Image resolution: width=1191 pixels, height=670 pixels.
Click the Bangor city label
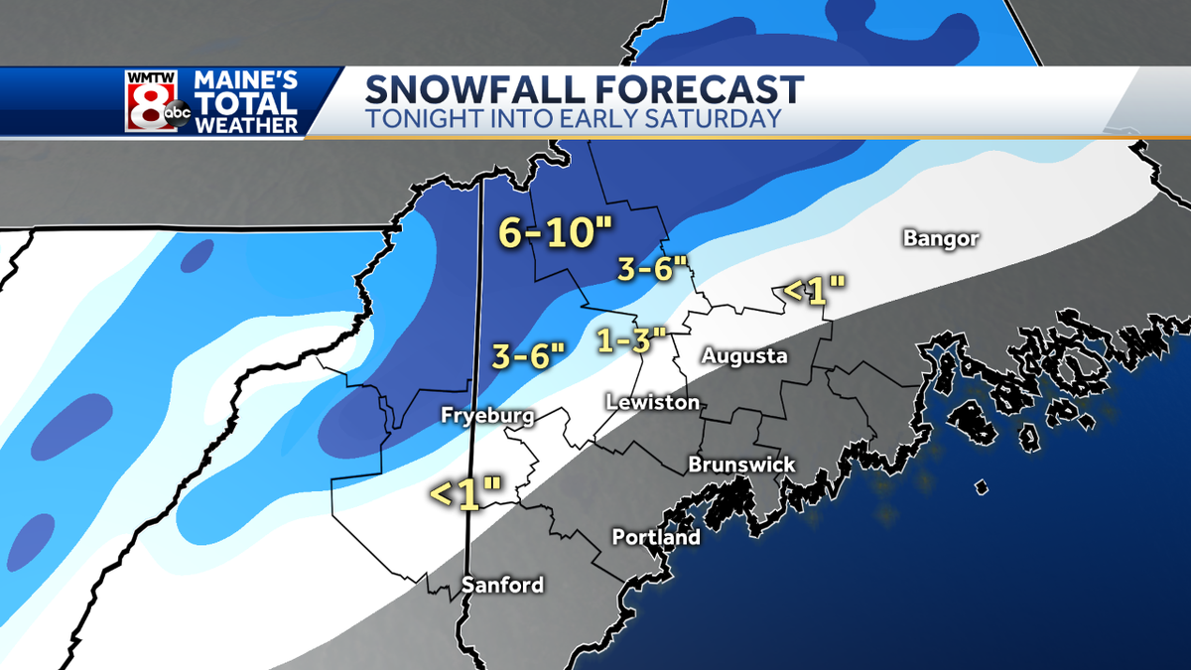941,238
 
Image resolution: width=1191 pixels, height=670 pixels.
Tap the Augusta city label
743,355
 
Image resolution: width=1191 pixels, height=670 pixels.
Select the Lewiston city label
653,402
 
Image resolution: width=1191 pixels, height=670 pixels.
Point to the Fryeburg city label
487,417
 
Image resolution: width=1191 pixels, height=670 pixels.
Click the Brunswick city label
741,465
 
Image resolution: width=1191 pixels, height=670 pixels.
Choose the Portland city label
655,538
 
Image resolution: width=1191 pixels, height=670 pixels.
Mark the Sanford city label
502,585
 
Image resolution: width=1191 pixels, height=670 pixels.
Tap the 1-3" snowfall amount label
628,340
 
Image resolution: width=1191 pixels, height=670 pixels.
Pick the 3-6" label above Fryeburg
528,354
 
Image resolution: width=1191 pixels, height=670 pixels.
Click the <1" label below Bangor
813,290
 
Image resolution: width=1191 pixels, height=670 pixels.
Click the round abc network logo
177,115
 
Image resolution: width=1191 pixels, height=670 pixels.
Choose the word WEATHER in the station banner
246,125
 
